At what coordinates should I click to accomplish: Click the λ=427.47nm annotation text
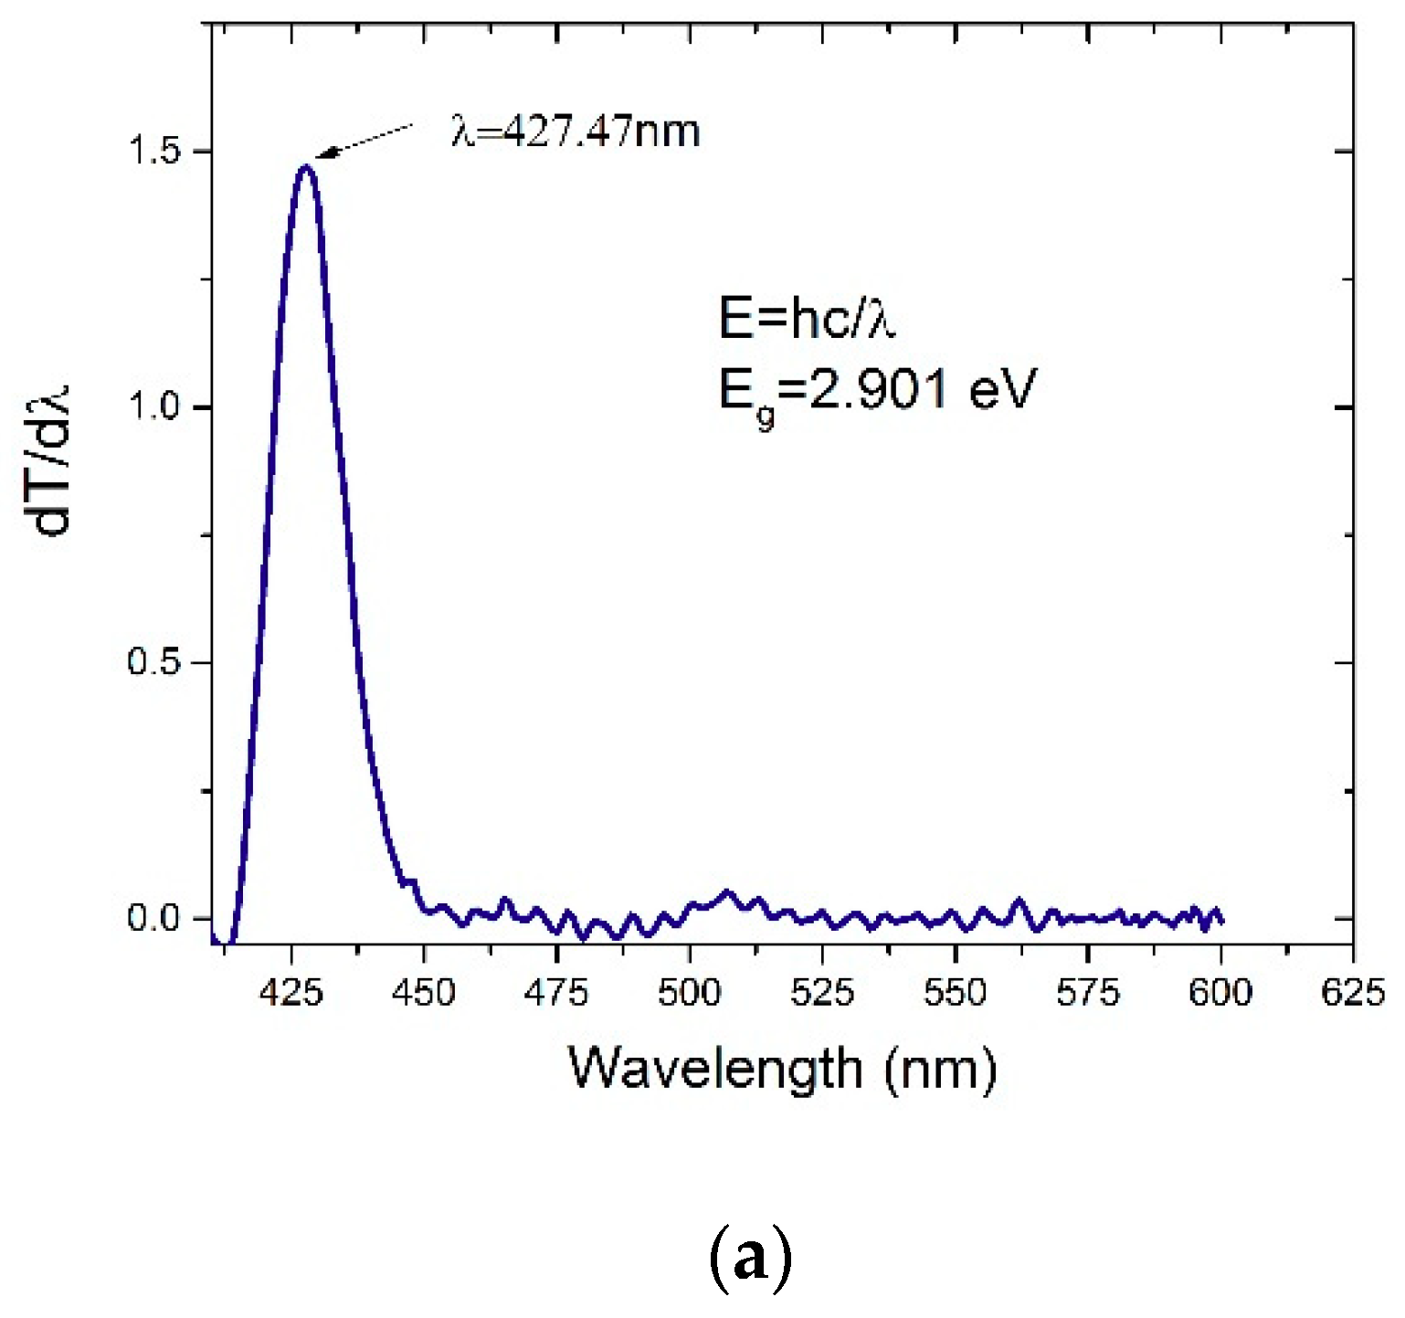pos(576,132)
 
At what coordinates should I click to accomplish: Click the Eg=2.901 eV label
pos(877,393)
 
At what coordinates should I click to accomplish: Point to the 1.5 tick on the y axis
pos(154,152)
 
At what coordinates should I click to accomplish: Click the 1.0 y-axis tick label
pos(154,406)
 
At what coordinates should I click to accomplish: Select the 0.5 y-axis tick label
pos(154,662)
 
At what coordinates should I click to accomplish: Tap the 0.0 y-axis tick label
pos(154,918)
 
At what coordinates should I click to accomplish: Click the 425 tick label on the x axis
pos(291,992)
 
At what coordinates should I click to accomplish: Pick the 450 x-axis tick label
pos(424,992)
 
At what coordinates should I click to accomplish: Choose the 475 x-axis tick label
pos(556,992)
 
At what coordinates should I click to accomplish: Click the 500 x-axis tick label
pos(690,992)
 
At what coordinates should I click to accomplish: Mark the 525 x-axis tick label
pos(822,992)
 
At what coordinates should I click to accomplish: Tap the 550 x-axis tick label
pos(955,992)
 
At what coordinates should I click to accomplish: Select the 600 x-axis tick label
pos(1220,992)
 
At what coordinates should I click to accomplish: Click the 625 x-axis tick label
pos(1353,992)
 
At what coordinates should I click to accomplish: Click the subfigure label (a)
pos(750,1260)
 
